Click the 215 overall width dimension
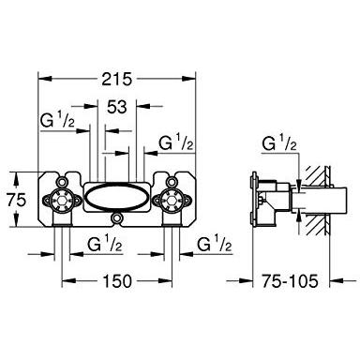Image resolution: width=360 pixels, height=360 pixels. point(117,79)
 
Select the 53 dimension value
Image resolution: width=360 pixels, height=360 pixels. point(117,107)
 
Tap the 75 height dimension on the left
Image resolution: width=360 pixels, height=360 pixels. point(16,200)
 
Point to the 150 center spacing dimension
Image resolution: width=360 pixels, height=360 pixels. point(117,281)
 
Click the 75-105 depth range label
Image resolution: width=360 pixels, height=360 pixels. point(290,281)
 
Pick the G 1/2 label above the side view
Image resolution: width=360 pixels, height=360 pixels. point(279,143)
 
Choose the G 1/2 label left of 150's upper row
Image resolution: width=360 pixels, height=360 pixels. point(104,244)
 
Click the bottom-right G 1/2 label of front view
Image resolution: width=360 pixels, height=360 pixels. point(215,244)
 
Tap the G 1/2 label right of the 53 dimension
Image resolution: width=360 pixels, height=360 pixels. point(175,142)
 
